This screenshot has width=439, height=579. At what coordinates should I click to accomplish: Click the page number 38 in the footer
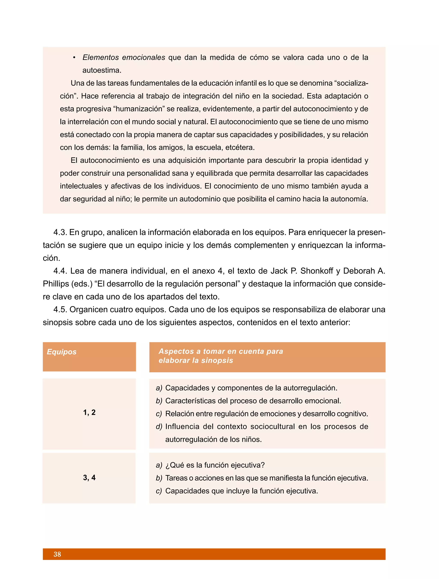[x=57, y=554]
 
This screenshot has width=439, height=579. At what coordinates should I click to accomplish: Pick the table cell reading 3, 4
[x=89, y=477]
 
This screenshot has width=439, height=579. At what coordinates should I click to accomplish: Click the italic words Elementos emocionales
[x=124, y=57]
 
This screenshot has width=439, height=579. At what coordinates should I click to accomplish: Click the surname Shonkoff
[x=316, y=271]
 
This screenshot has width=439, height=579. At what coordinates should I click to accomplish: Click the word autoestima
[x=102, y=70]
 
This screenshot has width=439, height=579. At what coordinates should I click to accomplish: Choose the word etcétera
[x=240, y=147]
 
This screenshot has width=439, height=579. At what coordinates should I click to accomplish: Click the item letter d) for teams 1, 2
[x=159, y=426]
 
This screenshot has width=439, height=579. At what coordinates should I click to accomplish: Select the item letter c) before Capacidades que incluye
[x=159, y=491]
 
